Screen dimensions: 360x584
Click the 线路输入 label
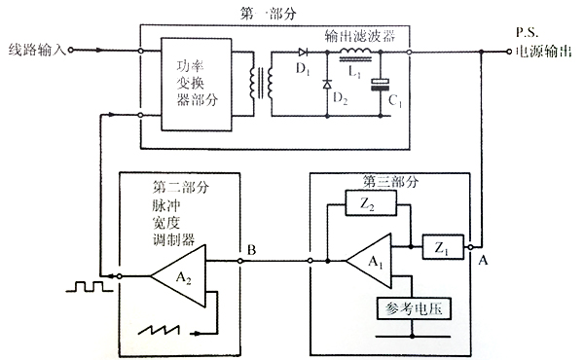[37, 49]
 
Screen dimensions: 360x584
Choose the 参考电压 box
[413, 310]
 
